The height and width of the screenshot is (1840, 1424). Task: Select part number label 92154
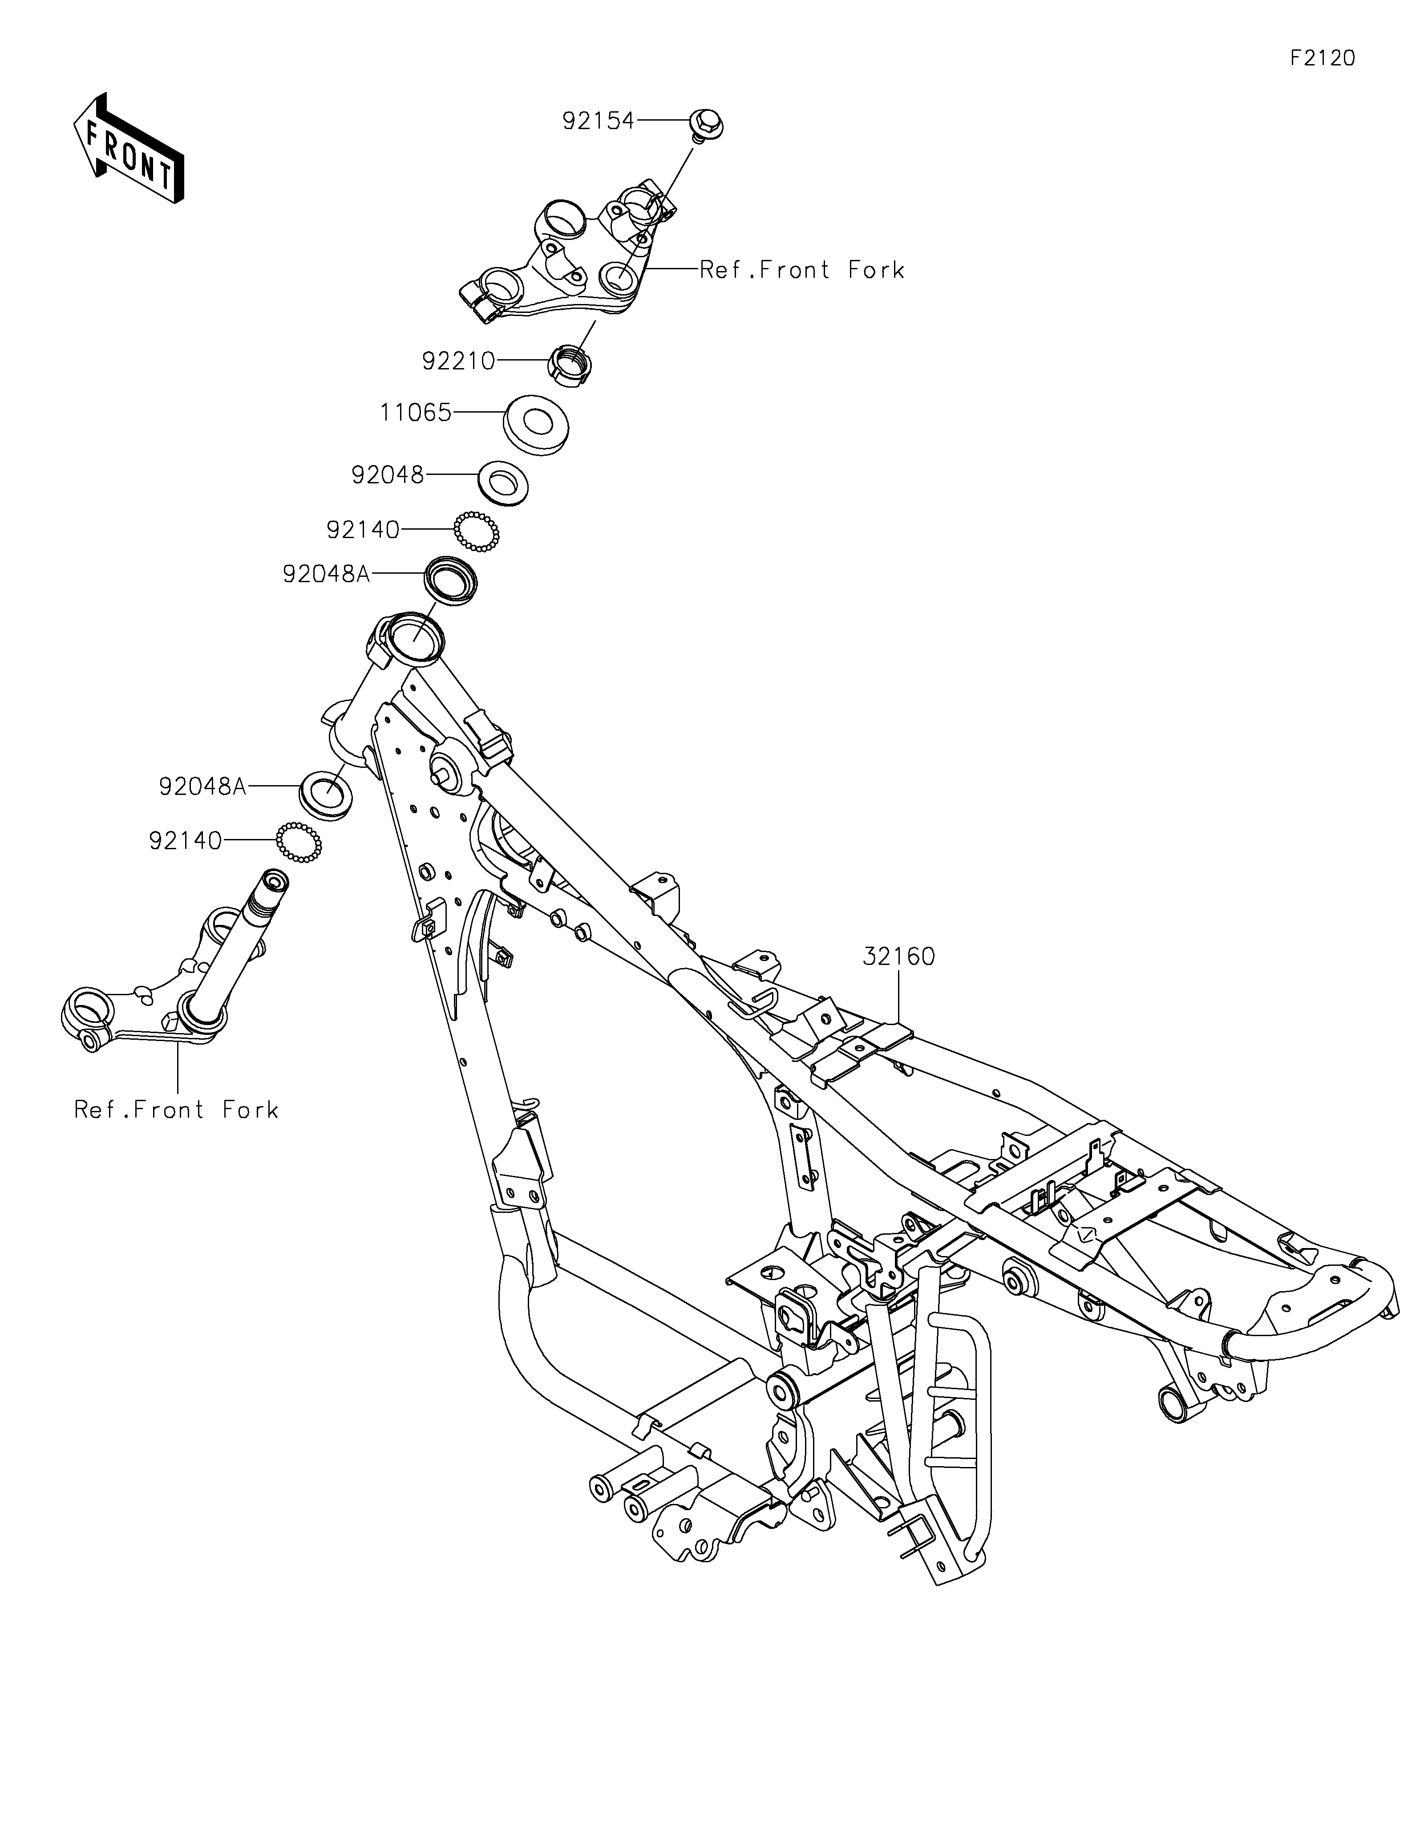tap(598, 122)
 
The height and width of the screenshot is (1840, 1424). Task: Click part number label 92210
tap(458, 361)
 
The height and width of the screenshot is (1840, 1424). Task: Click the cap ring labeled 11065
tap(535, 424)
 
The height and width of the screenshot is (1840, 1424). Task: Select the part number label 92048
tap(387, 475)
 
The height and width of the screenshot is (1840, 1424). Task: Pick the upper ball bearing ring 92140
tap(477, 531)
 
